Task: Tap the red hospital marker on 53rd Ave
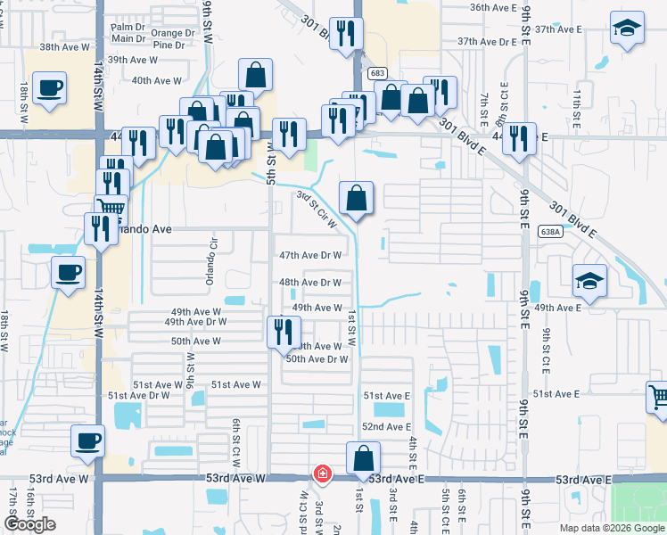321,473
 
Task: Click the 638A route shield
550,231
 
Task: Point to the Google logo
29,524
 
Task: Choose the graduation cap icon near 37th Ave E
627,28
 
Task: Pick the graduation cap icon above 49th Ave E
589,281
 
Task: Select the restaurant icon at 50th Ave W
284,331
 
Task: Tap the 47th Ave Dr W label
310,255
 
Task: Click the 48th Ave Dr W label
310,283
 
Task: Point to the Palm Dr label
128,28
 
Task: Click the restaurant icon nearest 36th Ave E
345,34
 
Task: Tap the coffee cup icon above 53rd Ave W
87,440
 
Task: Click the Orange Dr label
169,34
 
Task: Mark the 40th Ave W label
157,81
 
